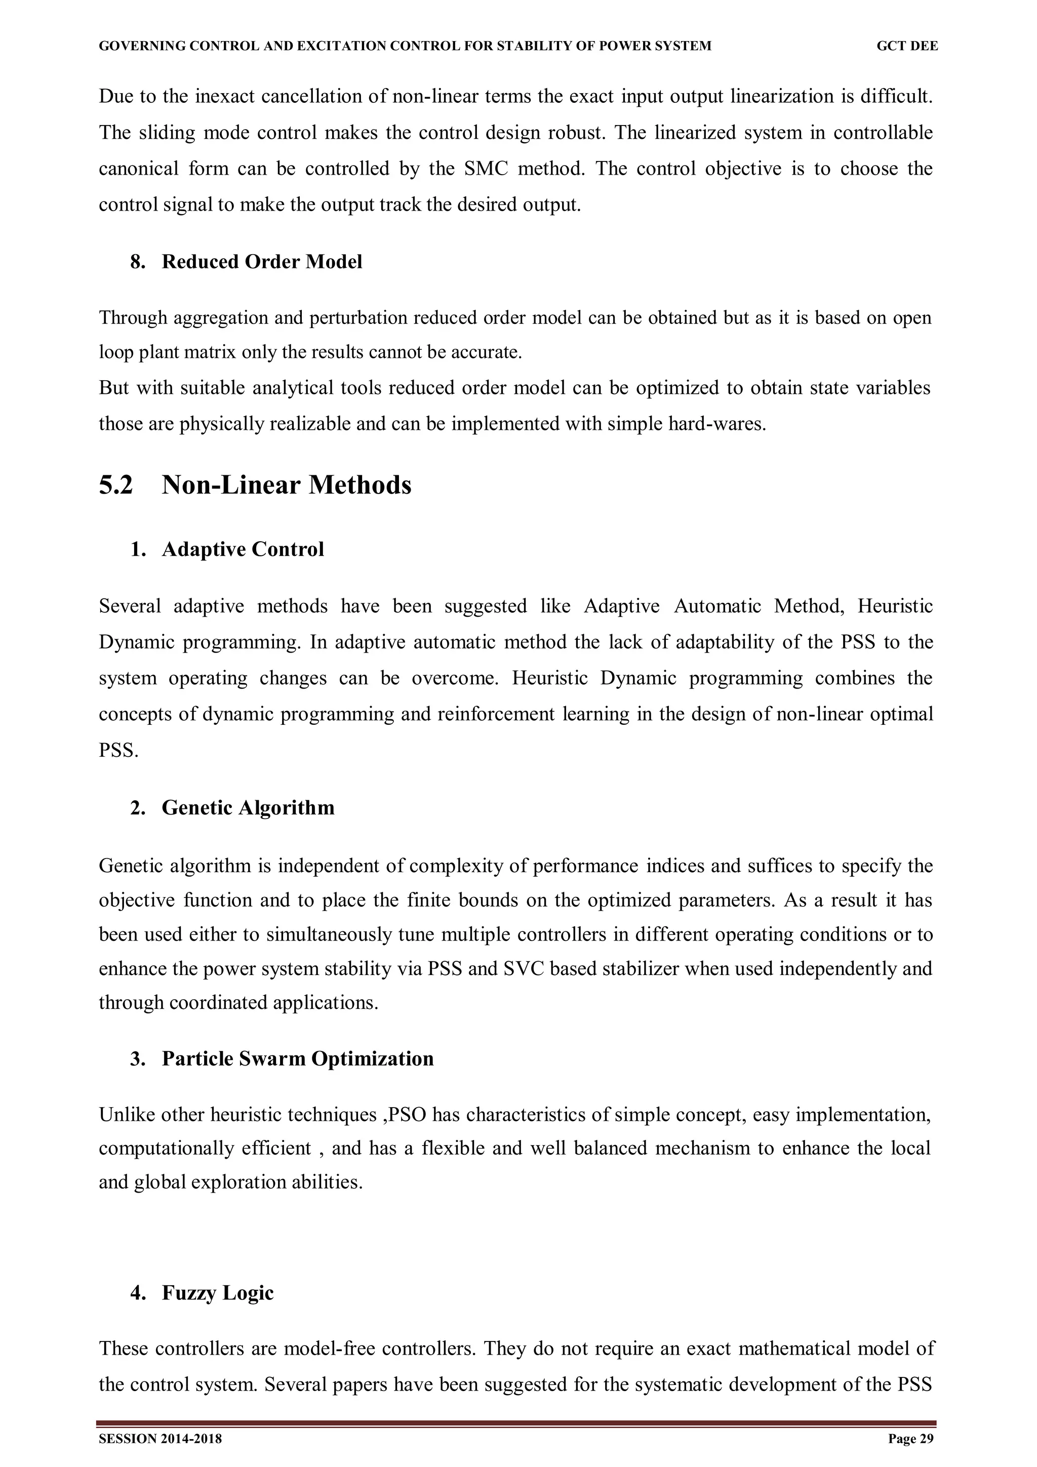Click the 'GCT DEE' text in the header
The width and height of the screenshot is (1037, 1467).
(x=907, y=46)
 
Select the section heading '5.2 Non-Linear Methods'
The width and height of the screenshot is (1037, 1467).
(x=255, y=485)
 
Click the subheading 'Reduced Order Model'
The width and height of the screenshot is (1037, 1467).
(x=262, y=262)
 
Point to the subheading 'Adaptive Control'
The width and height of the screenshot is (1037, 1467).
(x=243, y=549)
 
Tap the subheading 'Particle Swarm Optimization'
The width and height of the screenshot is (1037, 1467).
(x=298, y=1058)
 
